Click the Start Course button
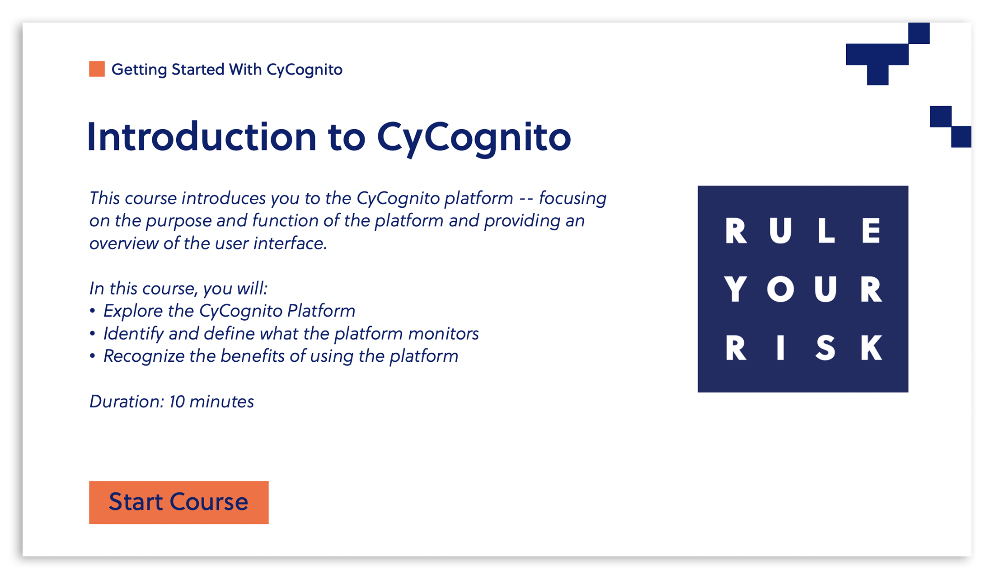point(179,502)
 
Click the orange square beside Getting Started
point(97,69)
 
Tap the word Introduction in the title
point(202,136)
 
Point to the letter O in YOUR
point(780,289)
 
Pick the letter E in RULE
point(871,230)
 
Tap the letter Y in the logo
point(735,289)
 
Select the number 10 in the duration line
point(177,402)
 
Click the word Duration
point(127,402)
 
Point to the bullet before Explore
point(93,311)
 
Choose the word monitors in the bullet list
point(443,334)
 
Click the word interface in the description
point(290,243)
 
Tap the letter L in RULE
point(825,230)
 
